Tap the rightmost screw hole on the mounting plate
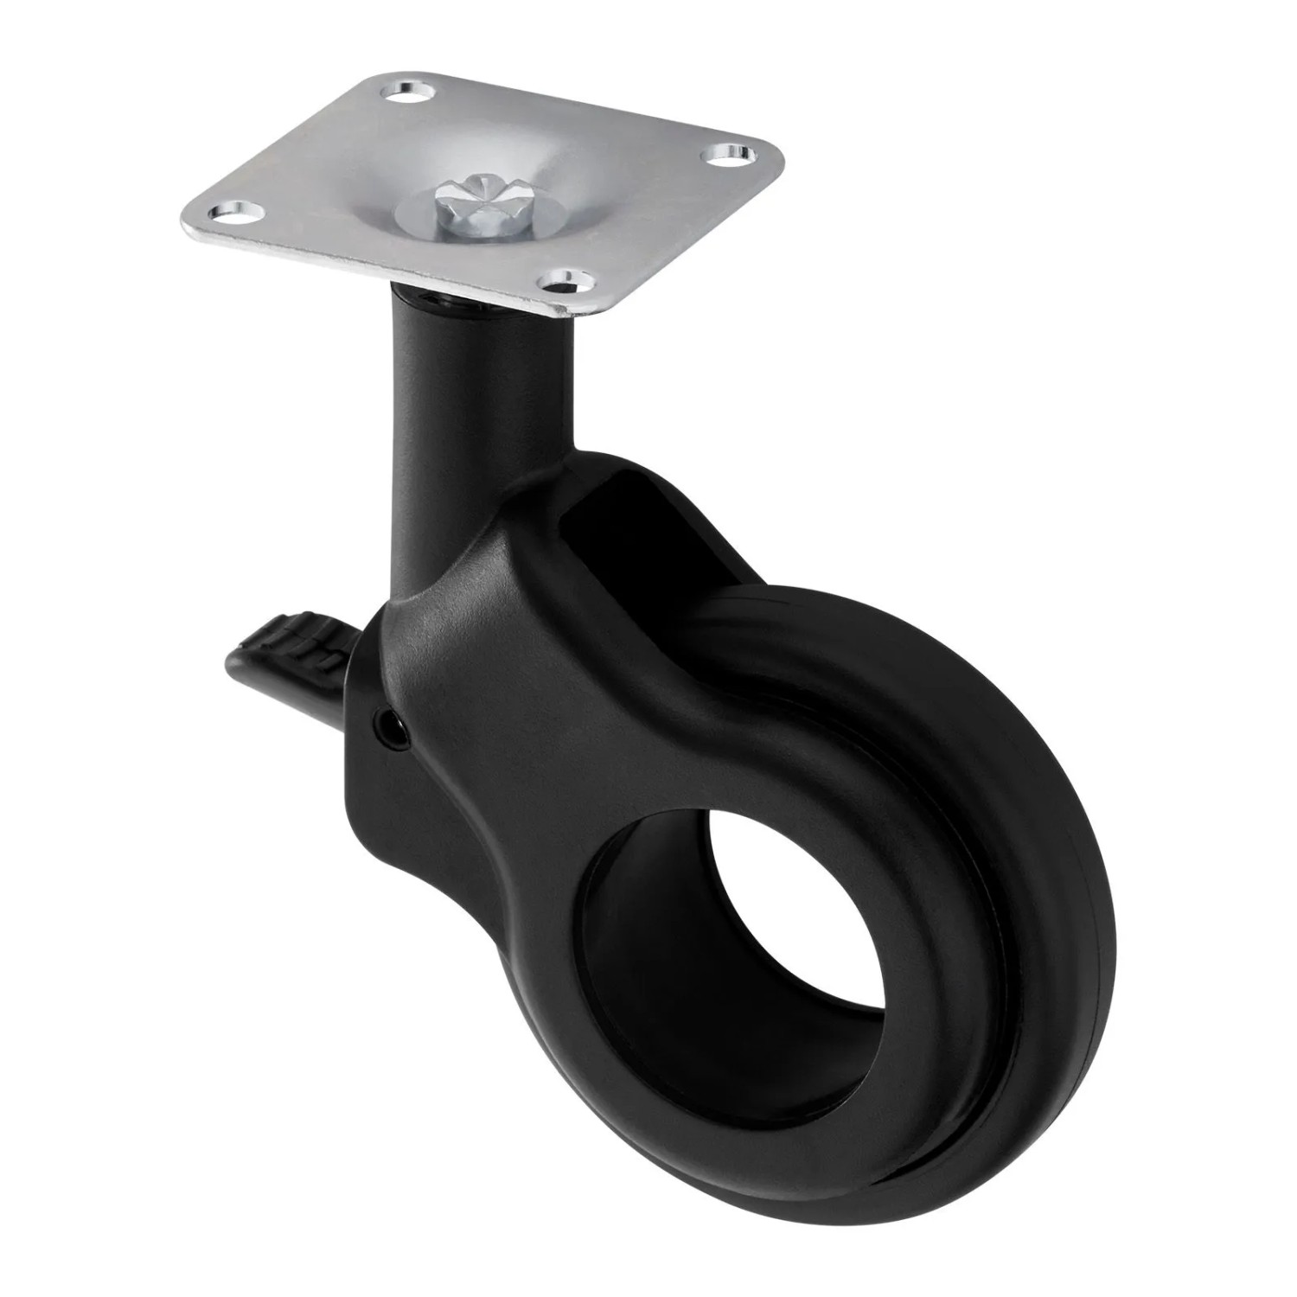pyautogui.click(x=732, y=154)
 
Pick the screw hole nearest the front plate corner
pyautogui.click(x=566, y=278)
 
